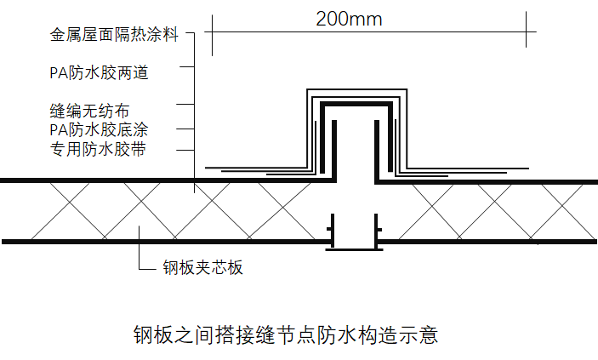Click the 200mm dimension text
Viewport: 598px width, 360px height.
[348, 18]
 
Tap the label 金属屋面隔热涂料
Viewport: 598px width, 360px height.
[114, 36]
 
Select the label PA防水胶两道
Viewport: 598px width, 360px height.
[99, 73]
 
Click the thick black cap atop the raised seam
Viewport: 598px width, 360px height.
[356, 103]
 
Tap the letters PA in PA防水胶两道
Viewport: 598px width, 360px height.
[57, 73]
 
